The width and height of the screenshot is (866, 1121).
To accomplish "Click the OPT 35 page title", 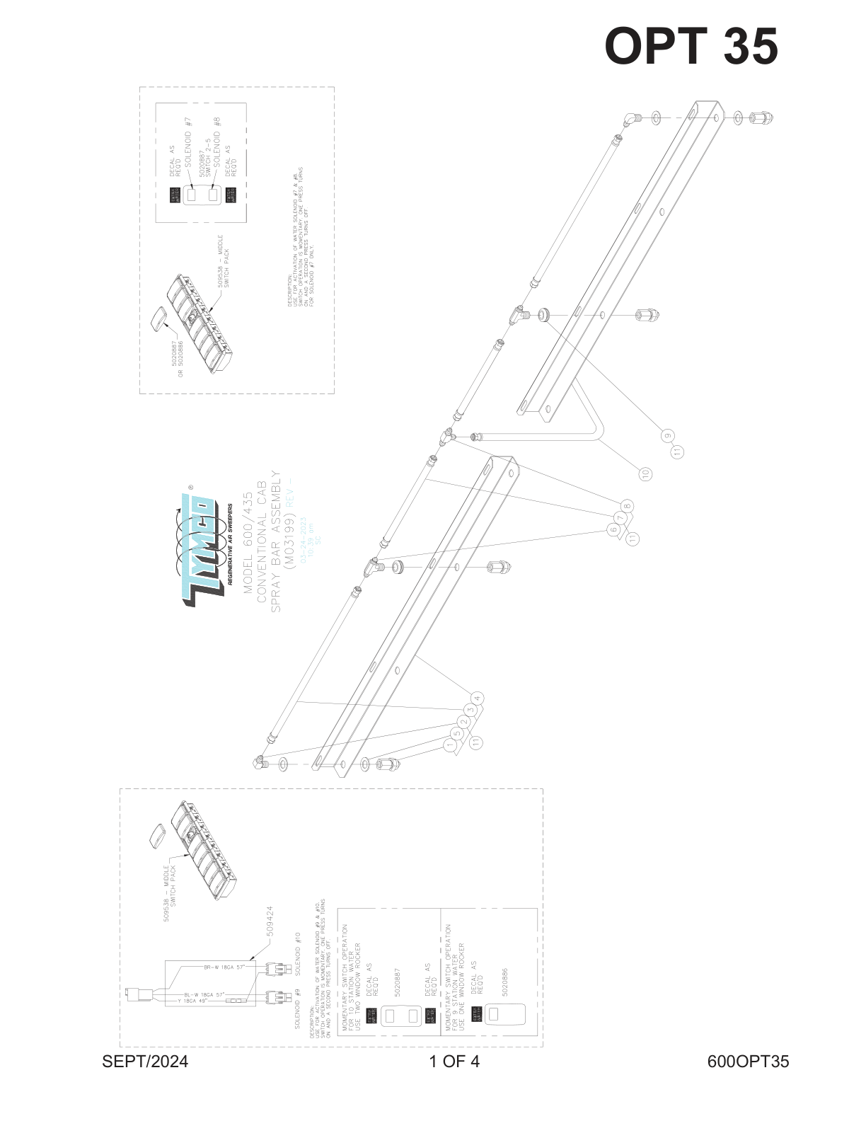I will [691, 47].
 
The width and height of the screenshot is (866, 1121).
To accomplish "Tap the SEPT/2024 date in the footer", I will [145, 1062].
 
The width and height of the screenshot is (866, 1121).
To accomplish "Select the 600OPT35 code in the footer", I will [748, 1062].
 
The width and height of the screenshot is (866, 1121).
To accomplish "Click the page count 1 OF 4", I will [454, 1062].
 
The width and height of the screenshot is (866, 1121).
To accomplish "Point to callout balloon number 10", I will [645, 473].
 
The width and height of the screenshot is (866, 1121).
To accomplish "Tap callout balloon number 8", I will [628, 505].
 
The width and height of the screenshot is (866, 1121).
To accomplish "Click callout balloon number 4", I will [478, 699].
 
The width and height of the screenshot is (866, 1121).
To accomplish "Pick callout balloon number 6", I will [613, 529].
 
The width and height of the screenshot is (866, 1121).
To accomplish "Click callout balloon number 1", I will [449, 745].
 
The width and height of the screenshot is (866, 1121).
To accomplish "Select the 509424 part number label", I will [270, 921].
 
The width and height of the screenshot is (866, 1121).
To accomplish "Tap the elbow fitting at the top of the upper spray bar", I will [631, 119].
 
